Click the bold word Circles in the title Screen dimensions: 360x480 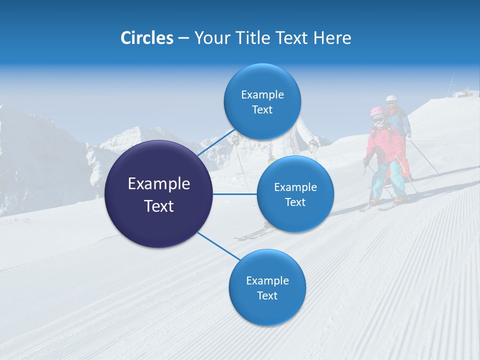[x=146, y=38]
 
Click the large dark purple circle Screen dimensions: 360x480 [x=158, y=194]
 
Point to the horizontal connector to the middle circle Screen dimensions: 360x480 [x=234, y=194]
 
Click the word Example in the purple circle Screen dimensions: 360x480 [x=158, y=184]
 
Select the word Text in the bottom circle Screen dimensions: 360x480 [x=267, y=295]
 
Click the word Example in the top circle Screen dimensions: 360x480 [x=262, y=94]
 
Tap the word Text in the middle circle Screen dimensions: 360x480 [x=295, y=202]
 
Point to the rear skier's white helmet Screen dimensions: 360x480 [x=390, y=98]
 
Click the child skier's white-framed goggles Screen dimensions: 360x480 [x=378, y=120]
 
